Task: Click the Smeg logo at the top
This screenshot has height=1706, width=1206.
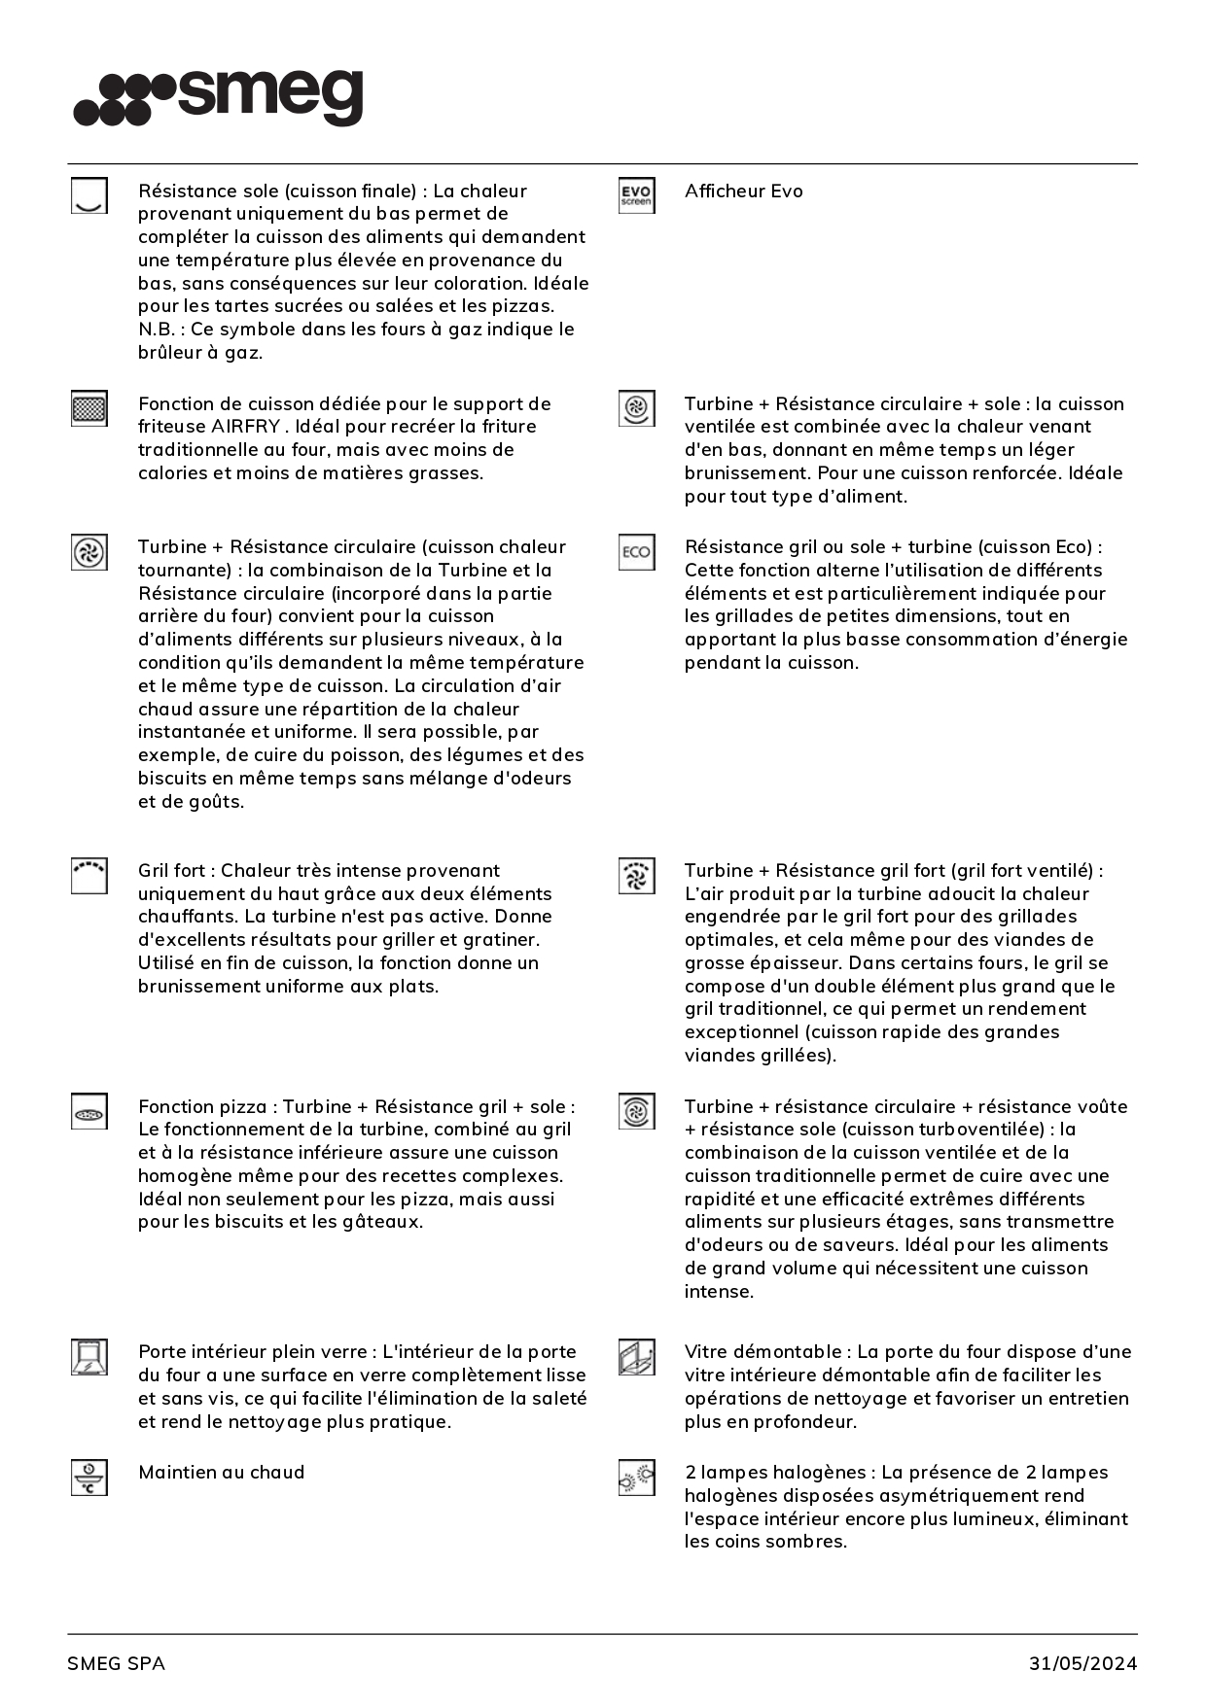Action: pos(219,97)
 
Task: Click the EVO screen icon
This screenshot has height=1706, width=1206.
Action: pos(636,195)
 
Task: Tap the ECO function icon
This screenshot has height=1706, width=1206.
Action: pos(636,552)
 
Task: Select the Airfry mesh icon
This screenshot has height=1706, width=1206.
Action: pos(89,408)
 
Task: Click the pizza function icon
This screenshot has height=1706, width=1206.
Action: pos(89,1112)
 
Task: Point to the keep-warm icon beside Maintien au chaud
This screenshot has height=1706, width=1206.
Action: pos(89,1478)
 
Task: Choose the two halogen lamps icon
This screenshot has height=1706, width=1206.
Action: pos(636,1479)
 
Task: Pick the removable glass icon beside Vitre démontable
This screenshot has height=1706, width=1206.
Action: pos(636,1357)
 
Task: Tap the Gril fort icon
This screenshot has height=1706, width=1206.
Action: pos(89,875)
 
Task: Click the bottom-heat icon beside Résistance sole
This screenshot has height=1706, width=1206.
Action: pos(89,195)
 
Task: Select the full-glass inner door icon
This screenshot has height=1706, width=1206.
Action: pos(89,1357)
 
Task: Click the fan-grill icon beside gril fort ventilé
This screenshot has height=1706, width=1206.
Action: pos(636,875)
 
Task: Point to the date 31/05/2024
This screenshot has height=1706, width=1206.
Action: pos(1082,1663)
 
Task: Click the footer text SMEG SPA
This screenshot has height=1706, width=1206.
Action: pos(116,1663)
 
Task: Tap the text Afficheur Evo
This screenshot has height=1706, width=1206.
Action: pos(743,191)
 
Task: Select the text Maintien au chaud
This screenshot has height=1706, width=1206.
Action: pos(221,1473)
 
